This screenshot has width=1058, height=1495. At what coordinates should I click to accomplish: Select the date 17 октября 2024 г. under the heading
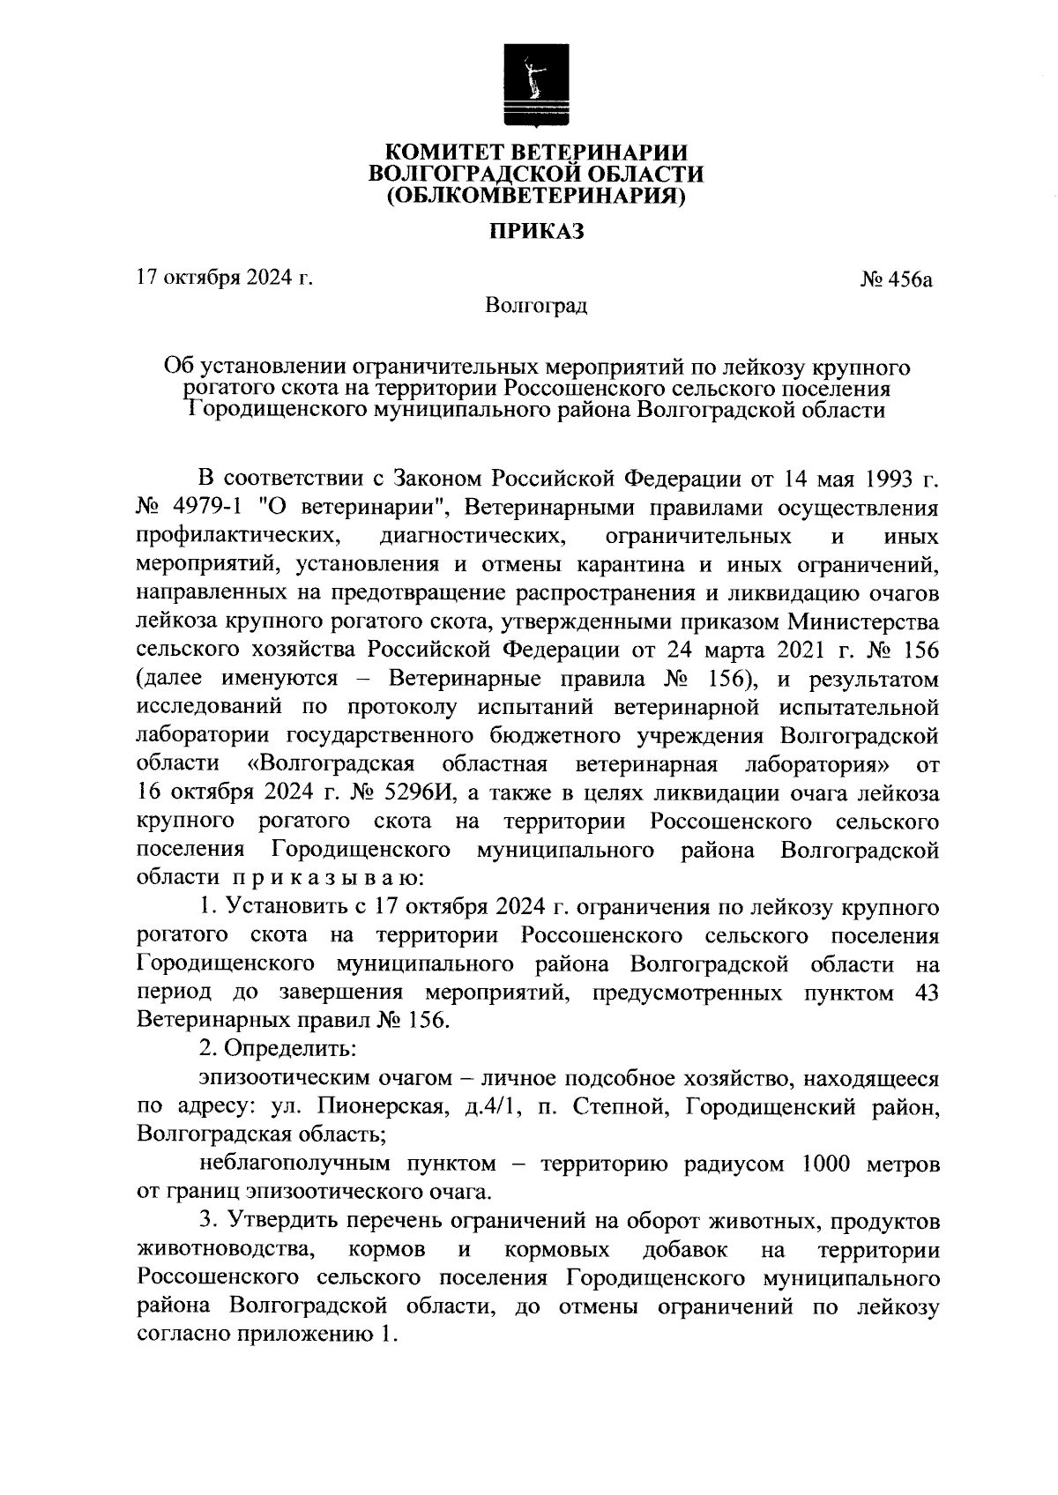(225, 279)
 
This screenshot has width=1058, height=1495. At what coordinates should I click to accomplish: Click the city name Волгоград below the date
(536, 307)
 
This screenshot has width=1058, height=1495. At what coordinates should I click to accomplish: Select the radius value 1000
(826, 1164)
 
